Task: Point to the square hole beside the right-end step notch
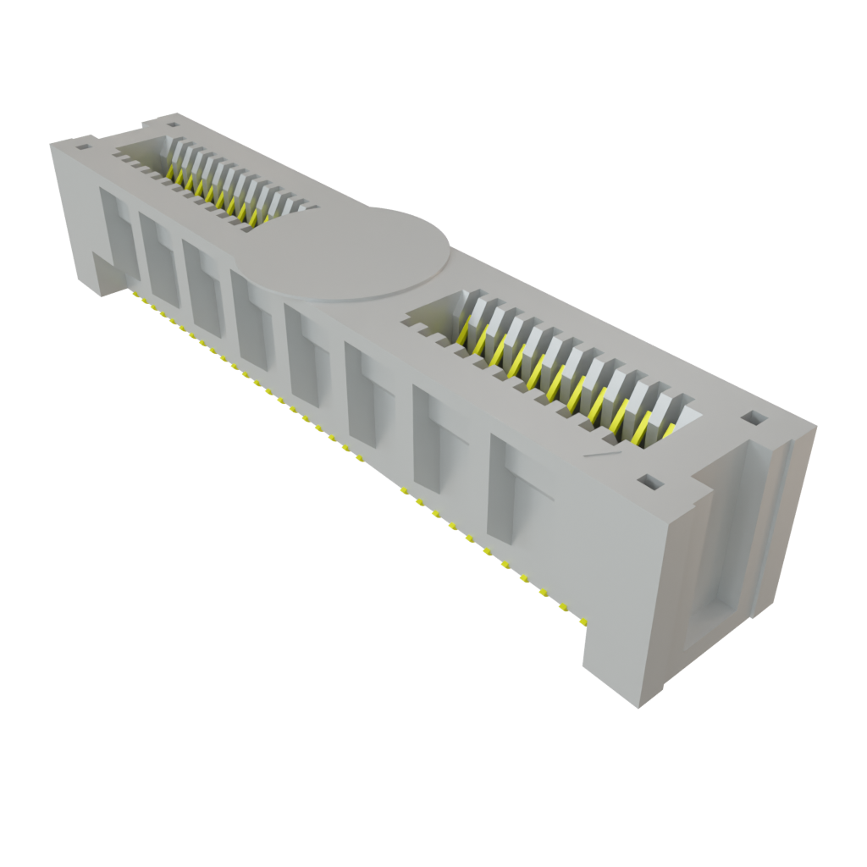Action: [x=649, y=482]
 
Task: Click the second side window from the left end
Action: [x=159, y=259]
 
